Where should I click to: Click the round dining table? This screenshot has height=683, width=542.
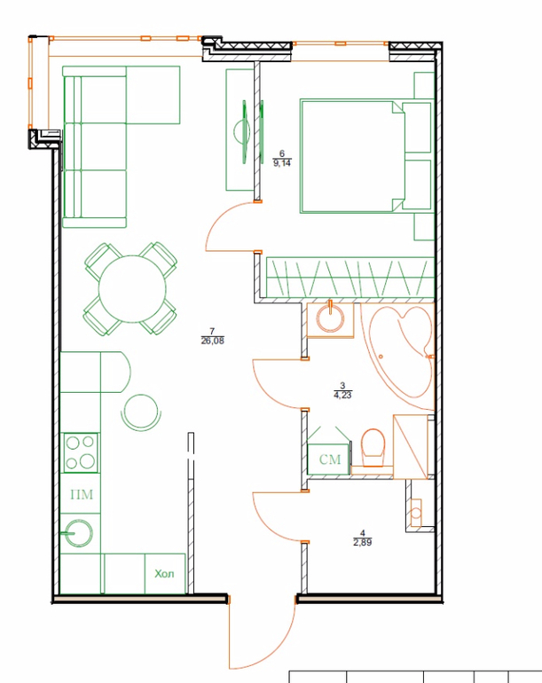(x=132, y=289)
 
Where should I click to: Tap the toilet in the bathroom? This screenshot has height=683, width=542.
(x=373, y=448)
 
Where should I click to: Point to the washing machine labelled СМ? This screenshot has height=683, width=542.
(x=329, y=459)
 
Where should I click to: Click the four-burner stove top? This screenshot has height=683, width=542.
(x=80, y=452)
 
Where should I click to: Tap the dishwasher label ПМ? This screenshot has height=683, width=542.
(x=82, y=495)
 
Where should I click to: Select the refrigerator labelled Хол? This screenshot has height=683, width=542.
(x=165, y=573)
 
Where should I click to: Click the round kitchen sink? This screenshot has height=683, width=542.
(x=79, y=533)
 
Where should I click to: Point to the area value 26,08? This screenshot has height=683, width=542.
(x=212, y=341)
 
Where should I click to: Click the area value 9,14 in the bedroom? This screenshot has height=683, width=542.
(x=282, y=163)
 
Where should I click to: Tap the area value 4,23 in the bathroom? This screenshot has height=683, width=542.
(x=342, y=395)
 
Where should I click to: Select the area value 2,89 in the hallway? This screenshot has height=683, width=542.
(x=363, y=542)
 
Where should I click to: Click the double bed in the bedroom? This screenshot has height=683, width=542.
(x=366, y=156)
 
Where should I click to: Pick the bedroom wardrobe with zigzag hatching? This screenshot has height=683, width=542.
(x=350, y=278)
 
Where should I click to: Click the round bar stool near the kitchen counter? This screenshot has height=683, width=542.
(x=141, y=412)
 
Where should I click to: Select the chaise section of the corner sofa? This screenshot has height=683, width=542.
(x=153, y=95)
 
